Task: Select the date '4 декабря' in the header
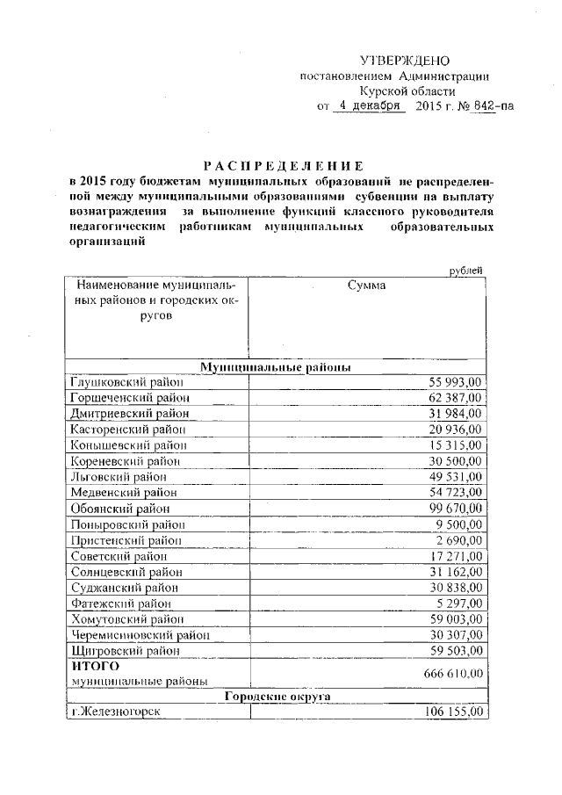pyautogui.click(x=368, y=107)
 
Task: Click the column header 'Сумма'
pyautogui.click(x=366, y=285)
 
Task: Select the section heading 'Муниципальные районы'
pyautogui.click(x=277, y=366)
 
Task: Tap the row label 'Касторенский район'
pyautogui.click(x=127, y=430)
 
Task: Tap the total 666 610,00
pyautogui.click(x=451, y=673)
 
